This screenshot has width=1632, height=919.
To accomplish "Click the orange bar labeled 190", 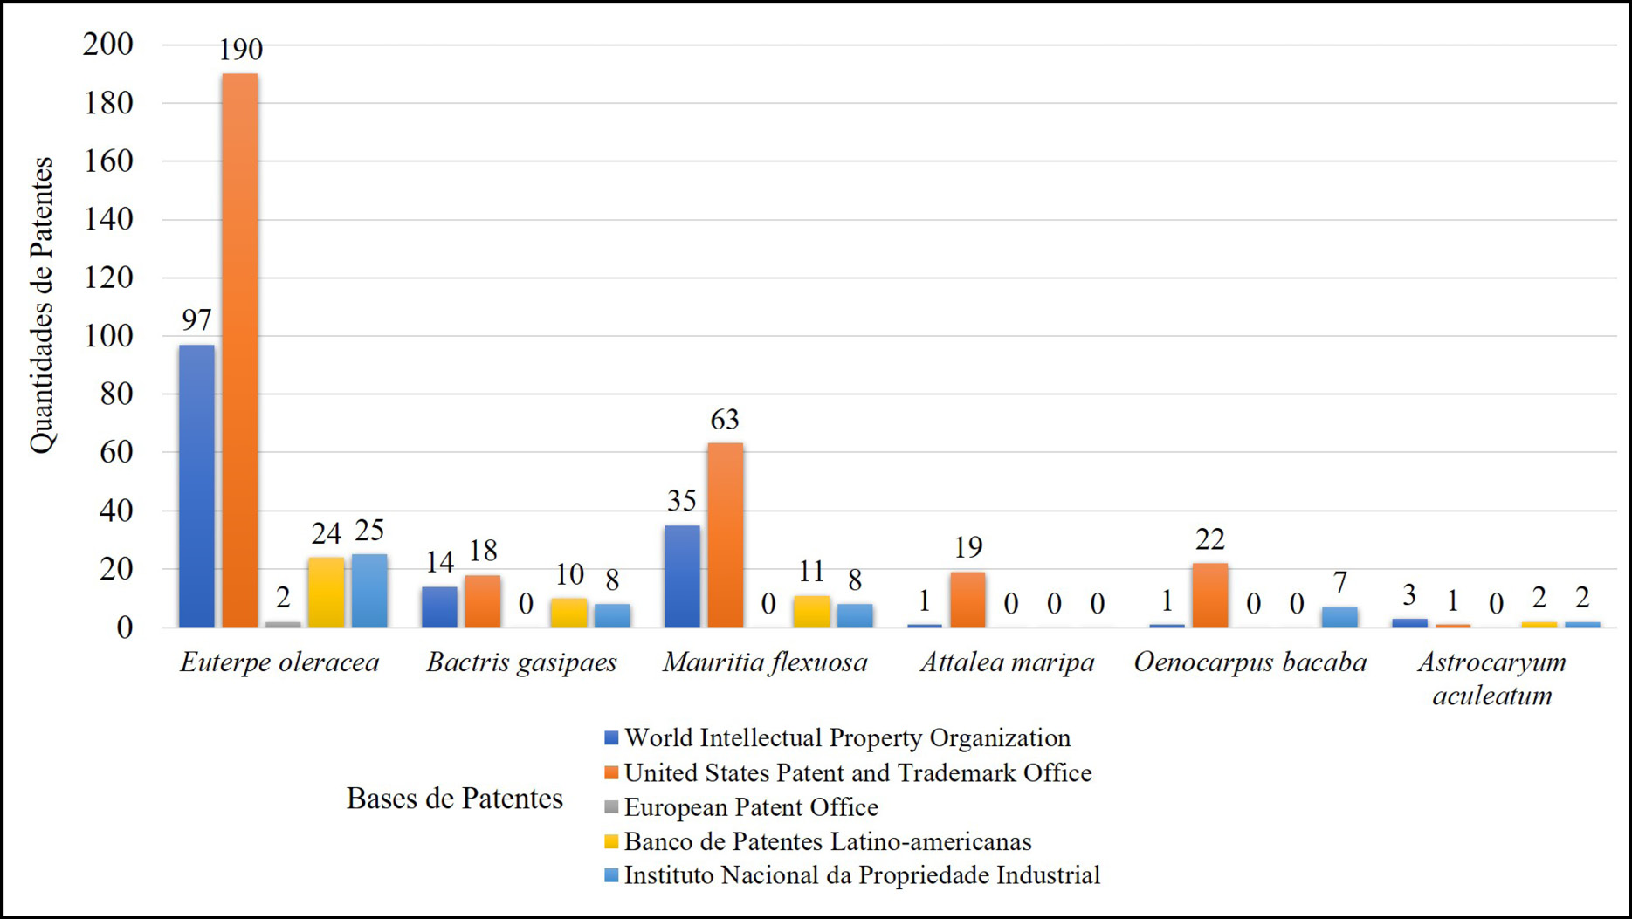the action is coord(239,350).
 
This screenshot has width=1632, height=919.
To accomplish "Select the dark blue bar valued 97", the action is coord(196,485).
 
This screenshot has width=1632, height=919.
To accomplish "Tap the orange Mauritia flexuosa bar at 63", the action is coord(725,535).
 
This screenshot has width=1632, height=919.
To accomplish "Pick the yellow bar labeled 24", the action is coord(326,592).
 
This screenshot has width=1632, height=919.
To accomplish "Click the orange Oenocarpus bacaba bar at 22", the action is coord(1210,594).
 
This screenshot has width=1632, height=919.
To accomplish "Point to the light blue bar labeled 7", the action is coord(1339,617).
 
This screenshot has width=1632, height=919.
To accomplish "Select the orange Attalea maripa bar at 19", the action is coord(967,600).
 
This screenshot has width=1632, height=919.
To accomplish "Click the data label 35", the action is coord(682,501).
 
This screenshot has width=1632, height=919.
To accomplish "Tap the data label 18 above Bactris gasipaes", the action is coord(483,551).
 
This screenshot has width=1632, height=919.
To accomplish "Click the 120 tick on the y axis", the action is coord(108,278).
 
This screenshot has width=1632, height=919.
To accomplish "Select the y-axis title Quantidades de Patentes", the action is coord(41,305).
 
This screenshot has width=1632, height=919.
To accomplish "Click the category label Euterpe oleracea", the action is coord(279,662).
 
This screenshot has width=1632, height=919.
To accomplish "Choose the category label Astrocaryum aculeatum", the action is coord(1492,679).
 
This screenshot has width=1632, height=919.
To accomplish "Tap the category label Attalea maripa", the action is coord(1007,662).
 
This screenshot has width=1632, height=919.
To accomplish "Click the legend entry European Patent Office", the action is coord(741,807).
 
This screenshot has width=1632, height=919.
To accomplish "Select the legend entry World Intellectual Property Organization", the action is coord(837,738).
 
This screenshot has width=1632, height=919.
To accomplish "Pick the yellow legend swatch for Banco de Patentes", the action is coord(611,842).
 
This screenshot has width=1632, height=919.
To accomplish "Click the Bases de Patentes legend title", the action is coord(455,799).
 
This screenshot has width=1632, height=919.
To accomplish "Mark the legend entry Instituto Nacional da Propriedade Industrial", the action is coord(852,875).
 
